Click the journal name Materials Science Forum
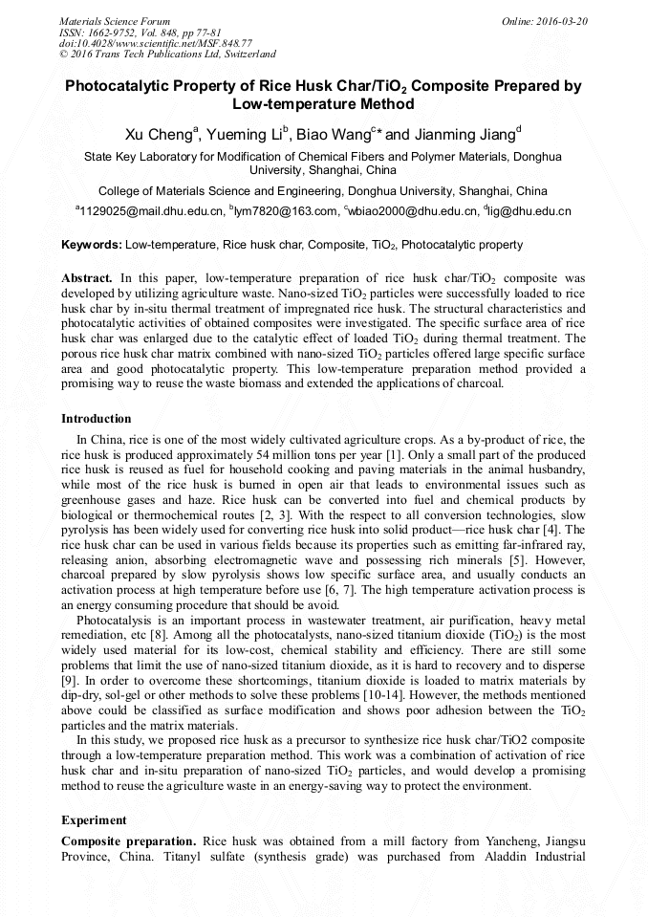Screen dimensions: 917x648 coord(115,21)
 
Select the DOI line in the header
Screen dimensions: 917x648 coord(156,43)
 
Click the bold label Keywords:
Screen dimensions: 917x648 coord(91,245)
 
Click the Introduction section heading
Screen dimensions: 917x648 coord(97,419)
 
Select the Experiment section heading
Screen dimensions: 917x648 coord(94,820)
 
